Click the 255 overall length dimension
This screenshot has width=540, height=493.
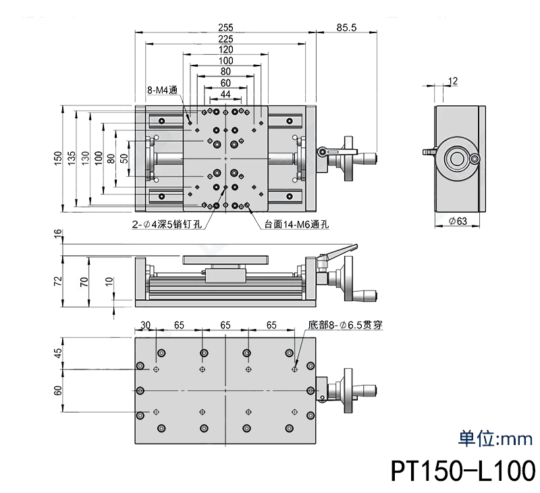pyautogui.click(x=225, y=27)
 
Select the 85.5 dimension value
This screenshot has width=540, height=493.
pyautogui.click(x=345, y=27)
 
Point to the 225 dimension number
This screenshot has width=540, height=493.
pyautogui.click(x=225, y=38)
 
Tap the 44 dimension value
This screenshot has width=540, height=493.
pyautogui.click(x=225, y=94)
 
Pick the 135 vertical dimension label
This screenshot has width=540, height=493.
pyautogui.click(x=72, y=158)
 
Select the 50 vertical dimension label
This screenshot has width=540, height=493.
pyautogui.click(x=124, y=158)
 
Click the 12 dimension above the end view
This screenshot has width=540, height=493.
pyautogui.click(x=453, y=81)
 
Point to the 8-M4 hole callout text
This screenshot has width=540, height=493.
pyautogui.click(x=162, y=90)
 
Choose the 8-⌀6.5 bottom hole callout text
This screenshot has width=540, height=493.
pyautogui.click(x=345, y=325)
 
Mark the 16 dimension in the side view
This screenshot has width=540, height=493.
pyautogui.click(x=58, y=234)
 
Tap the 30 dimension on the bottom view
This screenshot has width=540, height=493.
pyautogui.click(x=145, y=325)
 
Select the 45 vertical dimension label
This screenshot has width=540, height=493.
pyautogui.click(x=58, y=352)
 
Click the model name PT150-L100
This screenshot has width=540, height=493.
pyautogui.click(x=462, y=470)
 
